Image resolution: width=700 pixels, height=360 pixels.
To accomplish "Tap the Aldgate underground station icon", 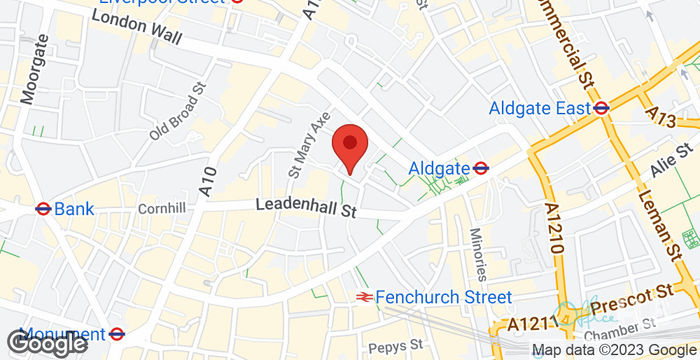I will [481, 168].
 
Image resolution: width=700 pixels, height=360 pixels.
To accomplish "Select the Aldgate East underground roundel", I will [601, 107].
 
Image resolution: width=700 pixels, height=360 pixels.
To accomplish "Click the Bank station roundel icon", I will [43, 209].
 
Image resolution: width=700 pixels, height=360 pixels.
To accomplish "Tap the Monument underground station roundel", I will [117, 334].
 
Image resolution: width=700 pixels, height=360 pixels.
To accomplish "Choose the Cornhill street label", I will [163, 208].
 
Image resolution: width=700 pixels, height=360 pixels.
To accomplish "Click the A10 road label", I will [208, 180].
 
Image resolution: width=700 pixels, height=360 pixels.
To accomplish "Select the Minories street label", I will [478, 253].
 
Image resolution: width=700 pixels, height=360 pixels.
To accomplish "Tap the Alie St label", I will [670, 160].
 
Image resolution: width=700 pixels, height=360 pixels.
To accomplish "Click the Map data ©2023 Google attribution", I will [613, 350].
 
